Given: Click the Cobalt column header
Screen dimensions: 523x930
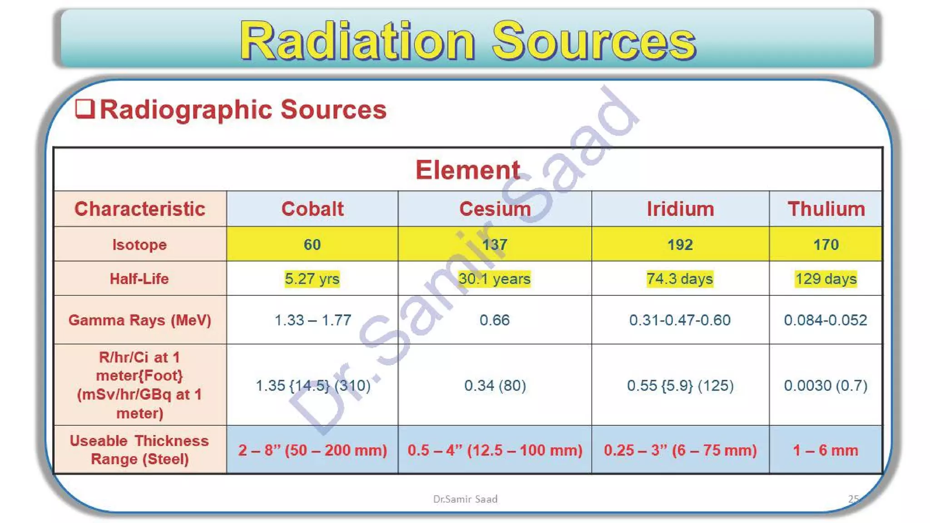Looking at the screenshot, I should pyautogui.click(x=312, y=209).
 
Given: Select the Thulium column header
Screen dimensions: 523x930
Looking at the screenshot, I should pyautogui.click(x=826, y=209).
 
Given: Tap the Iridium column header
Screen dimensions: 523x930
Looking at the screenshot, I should pyautogui.click(x=680, y=209).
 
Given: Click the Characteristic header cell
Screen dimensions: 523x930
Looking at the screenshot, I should pyautogui.click(x=140, y=209).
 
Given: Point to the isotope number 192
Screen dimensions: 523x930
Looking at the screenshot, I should pyautogui.click(x=680, y=245).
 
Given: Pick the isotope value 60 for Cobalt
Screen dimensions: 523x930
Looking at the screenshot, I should pyautogui.click(x=312, y=245).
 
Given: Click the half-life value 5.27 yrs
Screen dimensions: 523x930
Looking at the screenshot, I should pyautogui.click(x=312, y=279).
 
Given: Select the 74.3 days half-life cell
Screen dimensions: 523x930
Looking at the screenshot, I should pyautogui.click(x=680, y=279).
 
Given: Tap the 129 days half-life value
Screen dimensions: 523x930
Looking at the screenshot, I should pyautogui.click(x=826, y=279).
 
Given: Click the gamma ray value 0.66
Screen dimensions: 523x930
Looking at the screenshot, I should pyautogui.click(x=495, y=320).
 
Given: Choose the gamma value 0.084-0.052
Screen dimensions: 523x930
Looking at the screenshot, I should pyautogui.click(x=826, y=320).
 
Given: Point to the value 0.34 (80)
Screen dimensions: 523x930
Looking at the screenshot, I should pyautogui.click(x=495, y=385).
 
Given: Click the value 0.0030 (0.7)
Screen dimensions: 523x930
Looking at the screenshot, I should pyautogui.click(x=826, y=385).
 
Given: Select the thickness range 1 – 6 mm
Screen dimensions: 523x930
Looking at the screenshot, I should pyautogui.click(x=826, y=450).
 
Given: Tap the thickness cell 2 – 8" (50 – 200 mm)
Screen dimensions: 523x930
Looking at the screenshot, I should pyautogui.click(x=312, y=450).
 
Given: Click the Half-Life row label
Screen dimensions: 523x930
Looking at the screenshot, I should pyautogui.click(x=139, y=279).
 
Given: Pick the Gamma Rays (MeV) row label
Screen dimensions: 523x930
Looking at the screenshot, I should pyautogui.click(x=140, y=320).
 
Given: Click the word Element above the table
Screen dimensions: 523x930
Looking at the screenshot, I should pyautogui.click(x=468, y=170).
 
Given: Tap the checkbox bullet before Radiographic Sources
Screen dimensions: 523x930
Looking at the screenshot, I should pyautogui.click(x=85, y=109).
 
